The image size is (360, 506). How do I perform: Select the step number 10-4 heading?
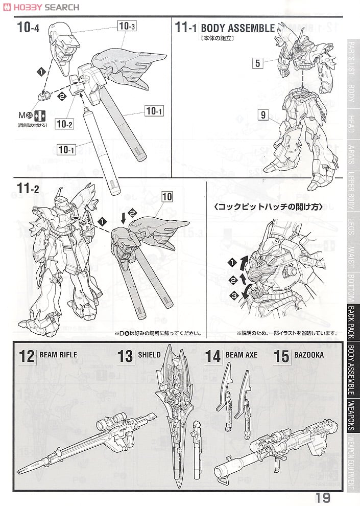point(28,28)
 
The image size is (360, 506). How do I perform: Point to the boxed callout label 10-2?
point(65,124)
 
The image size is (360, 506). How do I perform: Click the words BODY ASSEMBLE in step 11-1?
point(237,28)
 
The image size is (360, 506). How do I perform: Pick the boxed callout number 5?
point(258,63)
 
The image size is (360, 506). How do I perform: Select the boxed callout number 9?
point(262,115)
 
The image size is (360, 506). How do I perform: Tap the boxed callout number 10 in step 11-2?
point(167,196)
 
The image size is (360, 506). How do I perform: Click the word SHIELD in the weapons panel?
point(149,355)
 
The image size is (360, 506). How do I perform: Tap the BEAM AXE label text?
point(241,355)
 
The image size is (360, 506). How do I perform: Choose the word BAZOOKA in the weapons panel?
point(309,355)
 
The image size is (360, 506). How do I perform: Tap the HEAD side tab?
point(352,123)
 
